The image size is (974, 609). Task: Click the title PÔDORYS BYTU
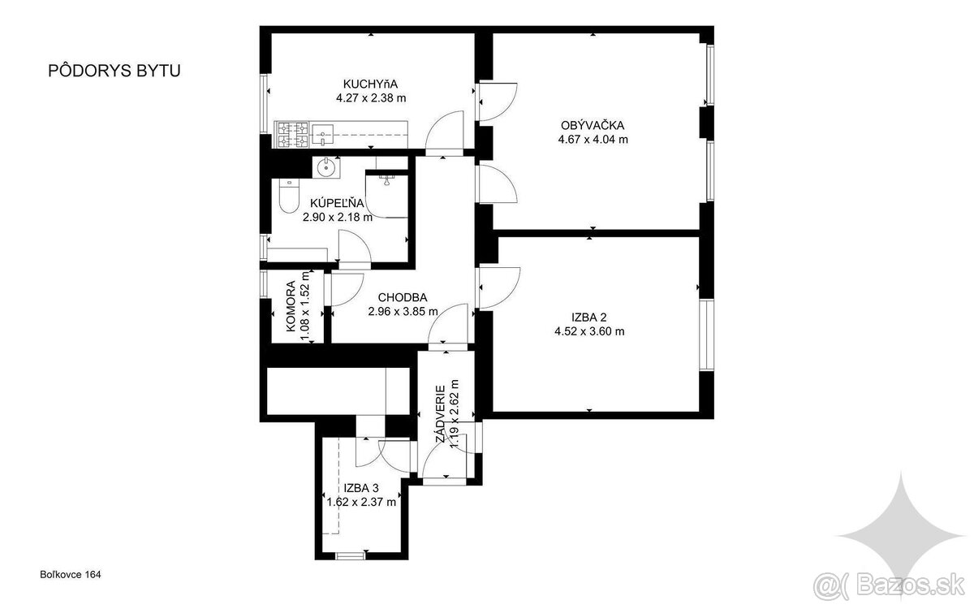(x=114, y=71)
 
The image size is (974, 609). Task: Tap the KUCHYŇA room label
(x=370, y=84)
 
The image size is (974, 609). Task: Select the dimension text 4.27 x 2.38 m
(x=371, y=98)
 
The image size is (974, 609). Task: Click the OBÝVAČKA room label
(x=593, y=125)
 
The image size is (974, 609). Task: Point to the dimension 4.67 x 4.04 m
(x=593, y=140)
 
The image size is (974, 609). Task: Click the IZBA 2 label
(x=589, y=317)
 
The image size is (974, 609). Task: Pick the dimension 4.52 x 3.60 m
(x=589, y=331)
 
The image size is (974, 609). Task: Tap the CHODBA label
(x=403, y=297)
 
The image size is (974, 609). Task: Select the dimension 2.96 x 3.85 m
(x=403, y=312)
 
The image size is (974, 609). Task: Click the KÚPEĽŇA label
(x=337, y=203)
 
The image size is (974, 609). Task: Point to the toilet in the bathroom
(x=289, y=196)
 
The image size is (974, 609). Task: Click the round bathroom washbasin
(x=326, y=167)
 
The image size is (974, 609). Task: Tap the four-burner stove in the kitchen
(x=293, y=135)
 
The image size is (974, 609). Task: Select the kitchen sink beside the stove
(x=322, y=135)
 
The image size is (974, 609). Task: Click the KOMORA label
(x=291, y=306)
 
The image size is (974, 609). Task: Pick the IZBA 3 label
(x=361, y=488)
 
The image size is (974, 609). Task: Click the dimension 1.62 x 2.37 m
(x=361, y=502)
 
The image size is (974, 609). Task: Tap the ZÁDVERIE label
(x=441, y=414)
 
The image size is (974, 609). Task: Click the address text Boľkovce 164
(x=71, y=575)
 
